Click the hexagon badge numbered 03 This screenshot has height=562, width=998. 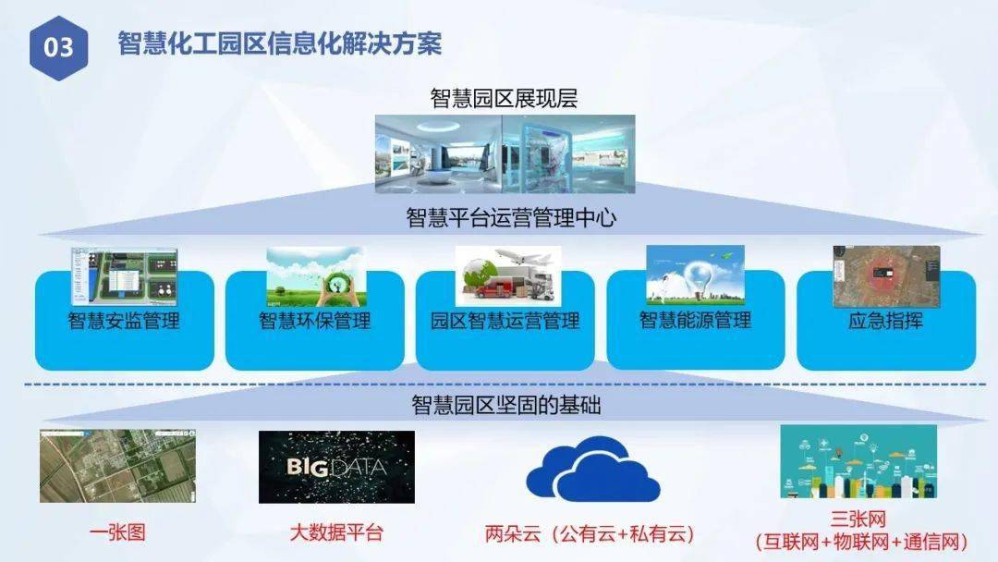(x=58, y=48)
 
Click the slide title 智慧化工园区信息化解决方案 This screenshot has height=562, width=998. (x=279, y=44)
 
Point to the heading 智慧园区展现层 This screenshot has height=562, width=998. (x=504, y=99)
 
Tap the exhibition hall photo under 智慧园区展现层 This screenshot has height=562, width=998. (x=505, y=153)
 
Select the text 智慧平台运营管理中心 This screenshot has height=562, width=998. (x=511, y=217)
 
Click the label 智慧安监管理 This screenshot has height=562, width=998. (x=124, y=320)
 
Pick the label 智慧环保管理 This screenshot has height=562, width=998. (x=314, y=320)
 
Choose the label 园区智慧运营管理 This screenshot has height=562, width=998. (x=505, y=320)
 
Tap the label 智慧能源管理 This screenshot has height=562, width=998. (x=695, y=320)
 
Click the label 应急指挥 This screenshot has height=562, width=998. (x=885, y=320)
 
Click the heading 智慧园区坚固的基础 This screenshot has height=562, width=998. (x=506, y=406)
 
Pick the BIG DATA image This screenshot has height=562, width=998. (x=336, y=467)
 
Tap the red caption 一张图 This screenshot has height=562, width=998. (x=117, y=532)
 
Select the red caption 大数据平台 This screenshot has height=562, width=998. (x=336, y=532)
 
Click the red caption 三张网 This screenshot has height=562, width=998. (x=858, y=519)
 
